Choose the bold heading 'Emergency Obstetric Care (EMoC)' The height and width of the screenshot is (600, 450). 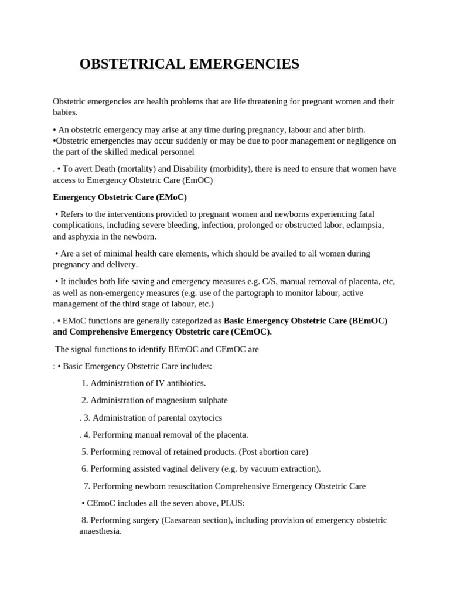click(x=120, y=197)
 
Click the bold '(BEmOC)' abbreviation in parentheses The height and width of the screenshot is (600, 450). click(x=368, y=321)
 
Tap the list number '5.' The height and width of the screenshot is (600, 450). click(x=85, y=452)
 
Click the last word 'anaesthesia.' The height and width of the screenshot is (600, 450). click(x=100, y=531)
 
